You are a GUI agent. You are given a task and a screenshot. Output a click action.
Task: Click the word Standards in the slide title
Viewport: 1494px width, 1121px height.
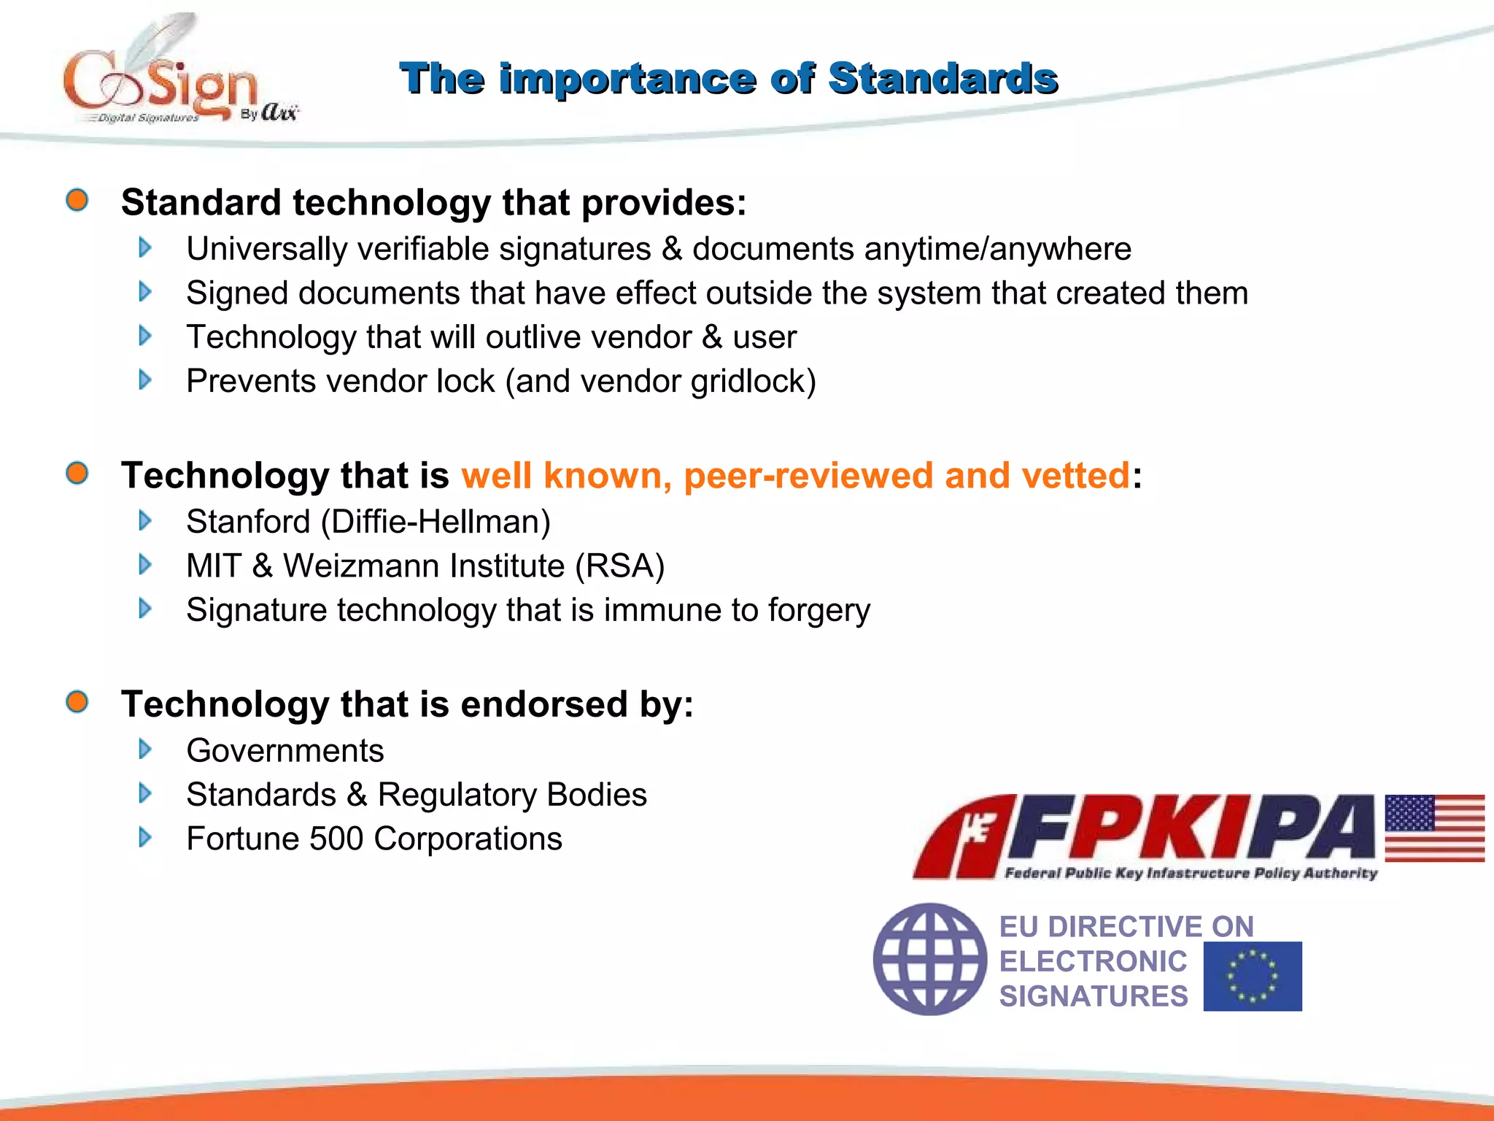pos(943,79)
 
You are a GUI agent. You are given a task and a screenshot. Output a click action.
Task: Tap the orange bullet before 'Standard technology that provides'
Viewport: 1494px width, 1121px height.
pos(77,200)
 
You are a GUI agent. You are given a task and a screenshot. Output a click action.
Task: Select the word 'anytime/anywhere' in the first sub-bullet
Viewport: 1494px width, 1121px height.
pos(997,250)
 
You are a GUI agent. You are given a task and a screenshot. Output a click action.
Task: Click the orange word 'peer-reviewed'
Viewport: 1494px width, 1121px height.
pos(808,476)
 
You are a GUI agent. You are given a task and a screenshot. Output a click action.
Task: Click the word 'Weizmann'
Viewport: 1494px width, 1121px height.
pos(424,566)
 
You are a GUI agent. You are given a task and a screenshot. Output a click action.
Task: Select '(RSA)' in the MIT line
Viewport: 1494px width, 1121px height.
pos(619,566)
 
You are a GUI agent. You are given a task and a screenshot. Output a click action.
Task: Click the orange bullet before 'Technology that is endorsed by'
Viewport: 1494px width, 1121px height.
pos(77,702)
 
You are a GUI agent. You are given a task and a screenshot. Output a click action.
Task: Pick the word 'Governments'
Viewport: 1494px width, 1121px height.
pos(285,751)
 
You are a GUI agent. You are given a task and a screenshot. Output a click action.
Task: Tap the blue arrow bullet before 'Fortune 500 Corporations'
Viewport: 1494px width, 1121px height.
pos(145,837)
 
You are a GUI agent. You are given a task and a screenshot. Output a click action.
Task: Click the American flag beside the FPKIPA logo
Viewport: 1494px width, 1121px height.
pos(1434,828)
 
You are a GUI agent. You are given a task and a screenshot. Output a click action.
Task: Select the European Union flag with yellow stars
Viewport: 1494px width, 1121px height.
pos(1252,976)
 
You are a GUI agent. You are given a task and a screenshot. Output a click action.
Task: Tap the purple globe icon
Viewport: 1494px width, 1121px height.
pos(929,959)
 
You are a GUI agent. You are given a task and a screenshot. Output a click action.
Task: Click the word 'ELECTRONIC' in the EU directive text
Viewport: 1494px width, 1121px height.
pos(1093,961)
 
